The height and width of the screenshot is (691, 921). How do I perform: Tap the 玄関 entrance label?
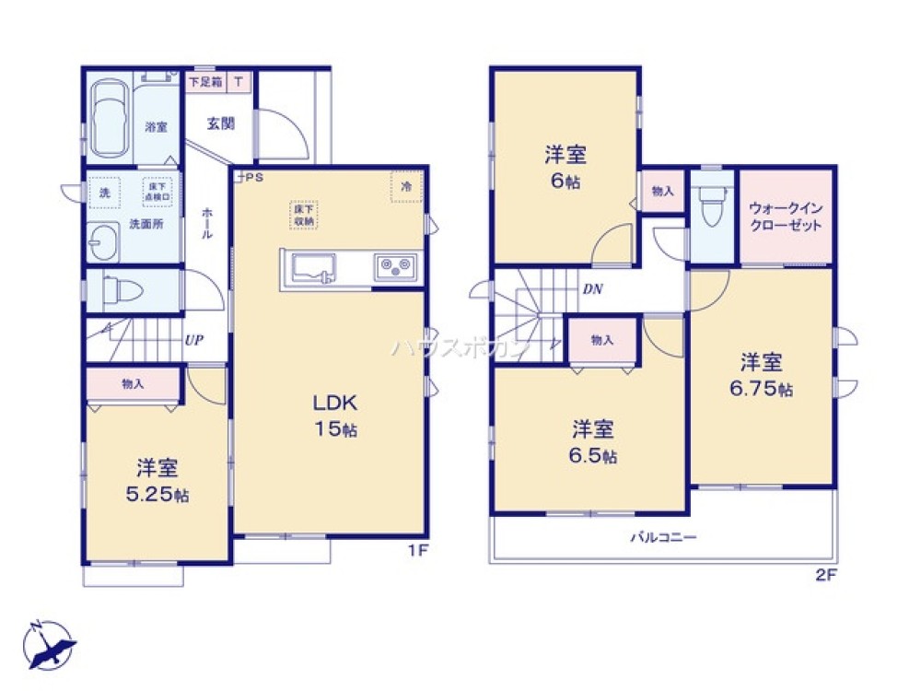[x=219, y=123]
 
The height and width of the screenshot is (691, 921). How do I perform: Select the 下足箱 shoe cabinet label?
[x=205, y=82]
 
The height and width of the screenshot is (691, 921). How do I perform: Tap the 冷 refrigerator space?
[x=405, y=185]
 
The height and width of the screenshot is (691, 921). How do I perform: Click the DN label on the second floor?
[x=592, y=288]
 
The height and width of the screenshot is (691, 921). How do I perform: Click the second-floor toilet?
[x=711, y=208]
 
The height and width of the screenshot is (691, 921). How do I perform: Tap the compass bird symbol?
[x=51, y=646]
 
